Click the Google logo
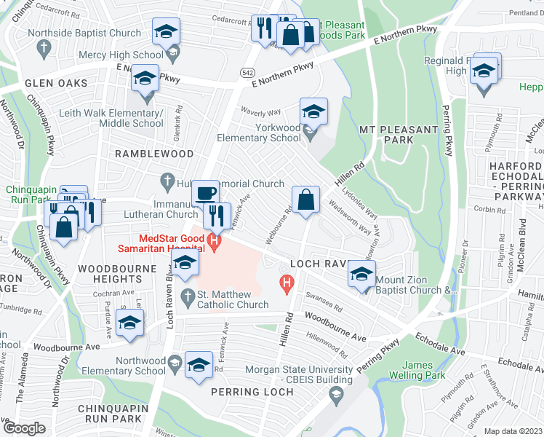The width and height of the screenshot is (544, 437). pos(24,428)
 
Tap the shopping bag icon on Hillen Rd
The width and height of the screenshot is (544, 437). pos(306,199)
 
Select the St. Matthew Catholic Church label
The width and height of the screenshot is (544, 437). pos(233,299)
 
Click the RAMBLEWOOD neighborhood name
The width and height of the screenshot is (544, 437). pos(153,154)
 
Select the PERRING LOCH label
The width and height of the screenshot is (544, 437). pos(252,392)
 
